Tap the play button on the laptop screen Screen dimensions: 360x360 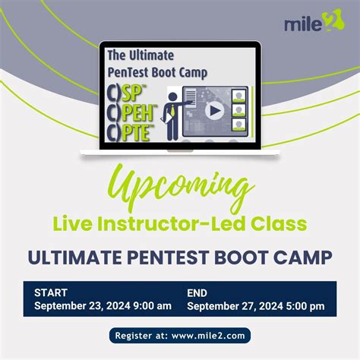pos(215,109)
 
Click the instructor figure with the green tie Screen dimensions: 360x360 pos(173,115)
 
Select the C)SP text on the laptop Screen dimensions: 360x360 pos(128,96)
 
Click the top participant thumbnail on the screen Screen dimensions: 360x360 pos(239,96)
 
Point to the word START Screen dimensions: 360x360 pos(51,292)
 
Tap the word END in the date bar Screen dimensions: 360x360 pos(197,292)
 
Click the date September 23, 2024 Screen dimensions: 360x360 pos(83,306)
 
